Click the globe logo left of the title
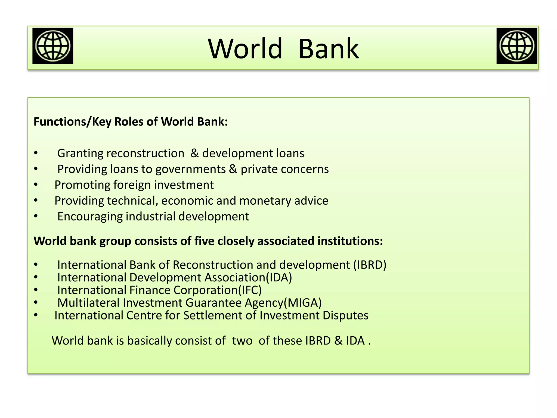coord(53,46)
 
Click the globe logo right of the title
coord(517,46)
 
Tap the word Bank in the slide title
coord(329,49)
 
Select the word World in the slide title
coord(245,49)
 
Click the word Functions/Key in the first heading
coord(72,122)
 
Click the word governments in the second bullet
coord(190,169)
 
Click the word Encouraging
coord(90,217)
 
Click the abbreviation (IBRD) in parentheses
coord(370,265)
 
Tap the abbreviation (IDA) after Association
coord(279,278)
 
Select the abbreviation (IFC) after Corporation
coord(250,290)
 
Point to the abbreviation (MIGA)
coord(302,303)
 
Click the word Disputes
coord(345,315)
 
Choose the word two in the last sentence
coord(242,341)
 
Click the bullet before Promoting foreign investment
coord(36,185)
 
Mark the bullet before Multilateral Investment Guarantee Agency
coord(36,302)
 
